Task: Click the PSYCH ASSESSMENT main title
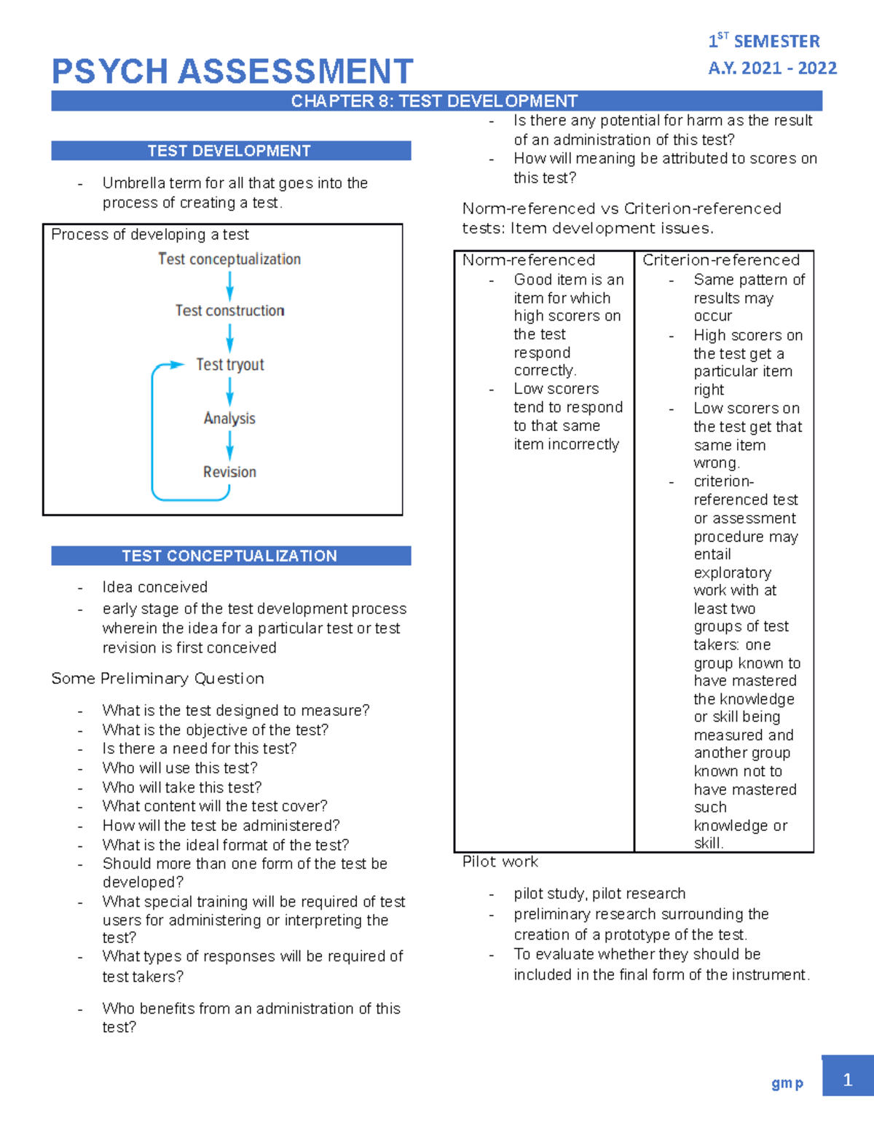pos(232,72)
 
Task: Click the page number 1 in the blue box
pos(847,1079)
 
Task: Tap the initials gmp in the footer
pos(787,1083)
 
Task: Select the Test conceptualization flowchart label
pos(229,259)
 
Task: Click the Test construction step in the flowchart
pos(229,311)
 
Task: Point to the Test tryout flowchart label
pos(229,365)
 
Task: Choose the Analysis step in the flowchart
pos(229,419)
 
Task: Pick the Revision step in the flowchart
pos(229,472)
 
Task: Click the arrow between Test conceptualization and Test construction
pos(229,285)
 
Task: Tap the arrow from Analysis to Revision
pos(229,445)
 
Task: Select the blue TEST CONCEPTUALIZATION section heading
pos(230,556)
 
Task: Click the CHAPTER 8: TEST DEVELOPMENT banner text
pos(434,101)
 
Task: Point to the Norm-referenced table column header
pos(529,260)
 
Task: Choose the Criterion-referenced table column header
pos(721,260)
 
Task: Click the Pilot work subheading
pos(500,862)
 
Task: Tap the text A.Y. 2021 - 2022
pos(772,68)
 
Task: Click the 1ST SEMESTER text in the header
pos(764,41)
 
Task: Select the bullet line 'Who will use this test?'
pos(180,768)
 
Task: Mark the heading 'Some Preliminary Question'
pos(157,679)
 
